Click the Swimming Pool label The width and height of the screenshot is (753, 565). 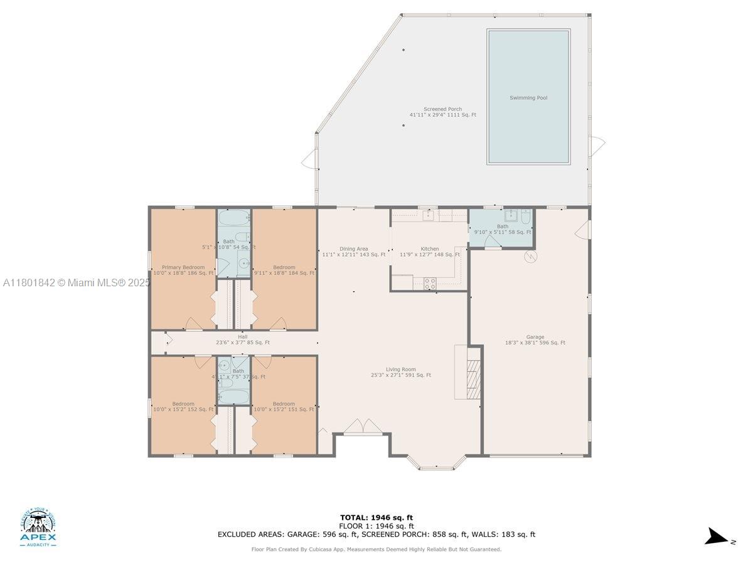528,98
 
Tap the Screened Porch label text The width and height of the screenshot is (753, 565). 442,109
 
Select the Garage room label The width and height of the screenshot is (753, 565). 535,337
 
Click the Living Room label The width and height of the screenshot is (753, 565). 401,370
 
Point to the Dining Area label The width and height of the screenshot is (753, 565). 354,249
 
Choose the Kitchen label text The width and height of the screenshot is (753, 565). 430,249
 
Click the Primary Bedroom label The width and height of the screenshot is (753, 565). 183,267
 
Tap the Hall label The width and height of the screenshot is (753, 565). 242,337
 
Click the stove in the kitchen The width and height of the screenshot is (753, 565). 430,283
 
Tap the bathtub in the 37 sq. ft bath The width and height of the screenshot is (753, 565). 234,396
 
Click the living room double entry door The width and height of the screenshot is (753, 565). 363,427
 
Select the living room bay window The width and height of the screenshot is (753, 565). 437,463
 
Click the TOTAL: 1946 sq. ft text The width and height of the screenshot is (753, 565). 376,518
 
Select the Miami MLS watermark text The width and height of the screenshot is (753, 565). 76,283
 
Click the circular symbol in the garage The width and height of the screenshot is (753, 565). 531,256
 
